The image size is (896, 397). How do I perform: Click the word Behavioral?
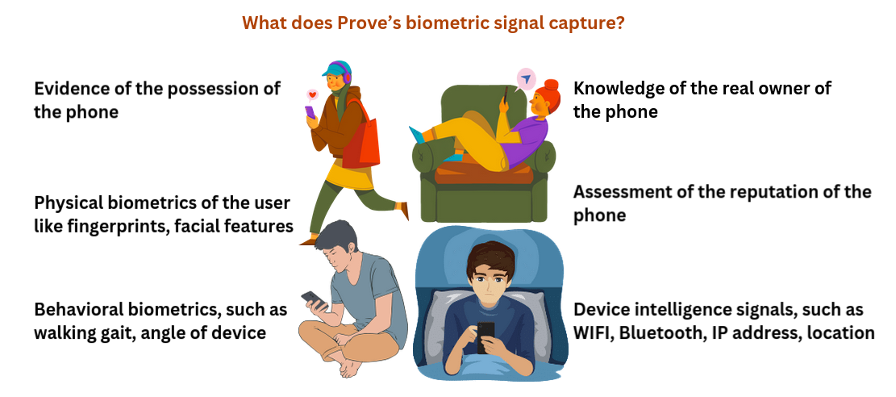click(77, 310)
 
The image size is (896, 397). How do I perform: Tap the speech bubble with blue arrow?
click(527, 79)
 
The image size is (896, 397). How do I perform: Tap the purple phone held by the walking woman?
click(310, 111)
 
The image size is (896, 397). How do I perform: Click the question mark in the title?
click(619, 23)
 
